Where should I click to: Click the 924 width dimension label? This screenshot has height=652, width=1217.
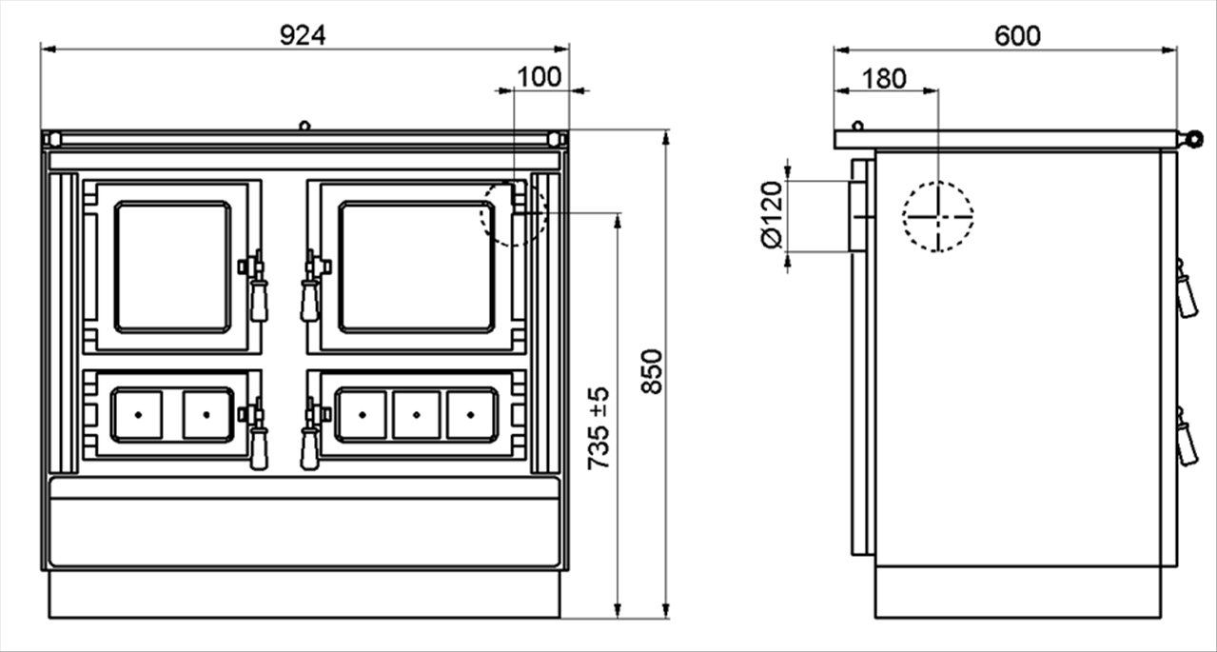(x=303, y=36)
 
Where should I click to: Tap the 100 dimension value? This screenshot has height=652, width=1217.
(x=539, y=77)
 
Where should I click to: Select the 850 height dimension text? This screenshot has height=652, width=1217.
(x=652, y=371)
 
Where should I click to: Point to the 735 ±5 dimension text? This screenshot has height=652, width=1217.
(x=599, y=427)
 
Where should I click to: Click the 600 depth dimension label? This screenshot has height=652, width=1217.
(x=1017, y=36)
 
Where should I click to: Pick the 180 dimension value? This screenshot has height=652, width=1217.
(x=884, y=79)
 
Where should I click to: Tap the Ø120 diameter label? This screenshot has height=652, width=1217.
(x=772, y=214)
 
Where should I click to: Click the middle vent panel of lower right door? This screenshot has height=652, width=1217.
(x=417, y=415)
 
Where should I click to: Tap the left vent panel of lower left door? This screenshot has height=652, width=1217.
(x=137, y=415)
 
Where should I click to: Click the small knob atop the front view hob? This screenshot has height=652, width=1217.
(x=304, y=126)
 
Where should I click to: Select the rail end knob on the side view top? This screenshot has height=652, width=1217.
(x=1194, y=139)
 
